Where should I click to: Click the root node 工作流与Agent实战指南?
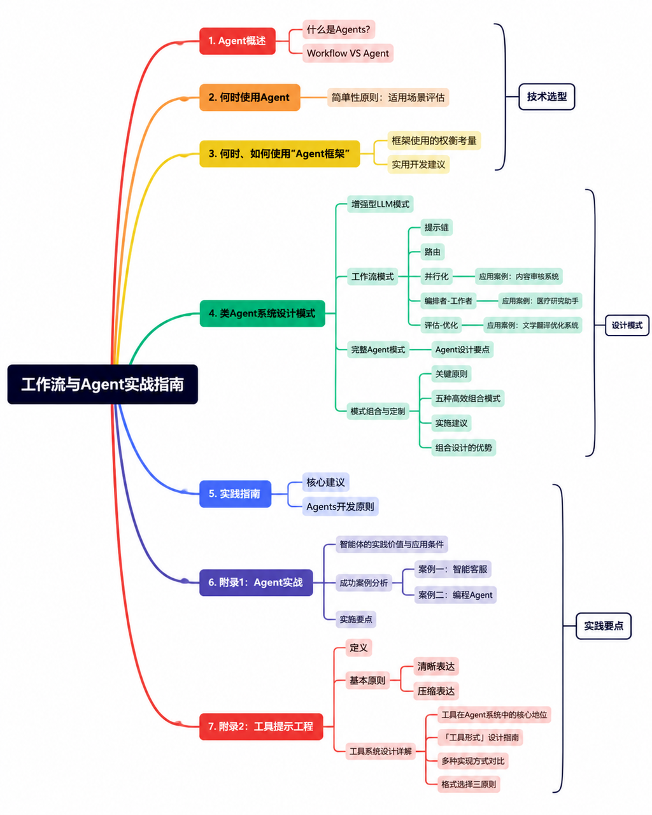103,384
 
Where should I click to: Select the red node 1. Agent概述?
237,41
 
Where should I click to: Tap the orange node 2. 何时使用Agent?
250,97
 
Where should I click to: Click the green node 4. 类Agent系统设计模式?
262,313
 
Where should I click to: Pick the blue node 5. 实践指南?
235,494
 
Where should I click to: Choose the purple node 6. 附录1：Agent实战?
256,583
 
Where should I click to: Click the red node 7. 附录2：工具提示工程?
261,726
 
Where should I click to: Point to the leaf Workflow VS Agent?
348,53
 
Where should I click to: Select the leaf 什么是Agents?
339,29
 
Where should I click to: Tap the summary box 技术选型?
547,97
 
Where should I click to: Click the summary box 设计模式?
627,325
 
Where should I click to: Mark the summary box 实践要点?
604,626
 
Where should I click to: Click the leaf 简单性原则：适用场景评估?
388,97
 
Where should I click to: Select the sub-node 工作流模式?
372,276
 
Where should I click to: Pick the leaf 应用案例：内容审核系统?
519,276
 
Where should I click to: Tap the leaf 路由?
432,252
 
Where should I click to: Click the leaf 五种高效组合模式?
468,399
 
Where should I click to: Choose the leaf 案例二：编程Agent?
455,595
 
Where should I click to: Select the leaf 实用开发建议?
418,164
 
